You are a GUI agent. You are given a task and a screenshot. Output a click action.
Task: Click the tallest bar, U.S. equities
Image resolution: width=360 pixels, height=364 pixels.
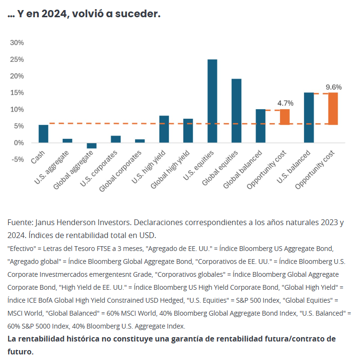(x=212, y=101)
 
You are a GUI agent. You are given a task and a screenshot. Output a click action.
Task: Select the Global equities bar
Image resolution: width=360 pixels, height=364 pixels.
(x=236, y=111)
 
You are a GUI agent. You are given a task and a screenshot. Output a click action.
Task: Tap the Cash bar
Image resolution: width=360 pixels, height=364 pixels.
(x=44, y=134)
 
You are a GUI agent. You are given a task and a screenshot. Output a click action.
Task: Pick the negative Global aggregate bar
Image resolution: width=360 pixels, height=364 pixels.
(x=91, y=146)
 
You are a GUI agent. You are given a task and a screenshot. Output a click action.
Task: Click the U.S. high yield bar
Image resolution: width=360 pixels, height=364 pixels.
(x=164, y=129)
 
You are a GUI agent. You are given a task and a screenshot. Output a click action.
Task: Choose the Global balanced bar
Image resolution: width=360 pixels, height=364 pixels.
(x=260, y=126)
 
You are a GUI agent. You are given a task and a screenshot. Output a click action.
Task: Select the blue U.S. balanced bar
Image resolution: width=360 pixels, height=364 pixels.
(x=309, y=117)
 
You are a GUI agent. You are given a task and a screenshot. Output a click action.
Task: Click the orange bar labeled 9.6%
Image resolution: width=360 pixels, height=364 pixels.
(x=333, y=109)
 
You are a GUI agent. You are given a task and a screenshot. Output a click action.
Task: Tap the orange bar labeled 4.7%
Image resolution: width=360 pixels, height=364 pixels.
(x=285, y=117)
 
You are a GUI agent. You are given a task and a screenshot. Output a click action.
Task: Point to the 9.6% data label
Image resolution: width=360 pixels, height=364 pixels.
(x=334, y=87)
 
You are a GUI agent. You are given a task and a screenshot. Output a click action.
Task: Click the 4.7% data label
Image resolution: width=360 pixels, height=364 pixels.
(x=285, y=103)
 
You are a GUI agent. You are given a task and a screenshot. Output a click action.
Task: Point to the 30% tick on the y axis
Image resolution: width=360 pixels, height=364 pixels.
(x=17, y=43)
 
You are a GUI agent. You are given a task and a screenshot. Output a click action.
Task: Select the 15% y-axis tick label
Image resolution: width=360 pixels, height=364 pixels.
(x=17, y=92)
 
